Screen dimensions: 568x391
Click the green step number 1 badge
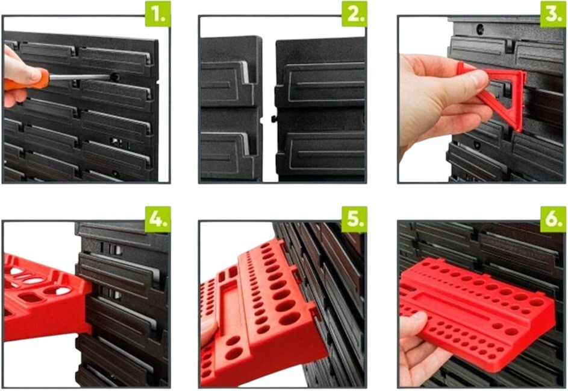tap(158, 14)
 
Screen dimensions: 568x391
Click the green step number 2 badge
tap(354, 14)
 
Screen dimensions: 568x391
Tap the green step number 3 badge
tap(553, 14)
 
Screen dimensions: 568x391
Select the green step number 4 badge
tap(158, 219)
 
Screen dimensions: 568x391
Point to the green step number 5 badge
tap(354, 219)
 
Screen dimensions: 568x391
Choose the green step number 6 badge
tap(553, 219)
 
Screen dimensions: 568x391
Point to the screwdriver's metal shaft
tap(79, 77)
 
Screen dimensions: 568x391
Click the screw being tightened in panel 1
tap(115, 77)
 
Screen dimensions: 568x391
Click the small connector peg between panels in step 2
tap(272, 119)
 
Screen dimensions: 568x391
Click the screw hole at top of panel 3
tap(481, 28)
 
